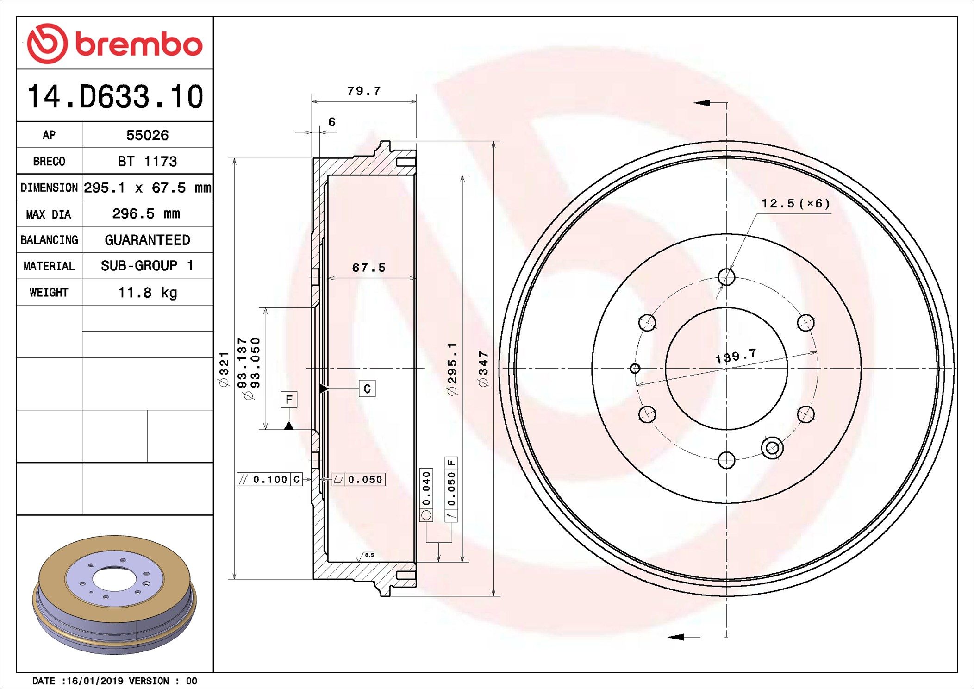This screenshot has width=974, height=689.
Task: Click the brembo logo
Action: pos(115,44)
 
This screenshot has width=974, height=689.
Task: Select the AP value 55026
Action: pos(147,135)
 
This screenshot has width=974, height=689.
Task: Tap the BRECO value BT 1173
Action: pos(147,161)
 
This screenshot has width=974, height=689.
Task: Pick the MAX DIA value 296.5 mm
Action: pos(146,214)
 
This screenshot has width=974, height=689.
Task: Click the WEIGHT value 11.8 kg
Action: pos(147,293)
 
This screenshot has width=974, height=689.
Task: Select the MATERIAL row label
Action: pos(49,266)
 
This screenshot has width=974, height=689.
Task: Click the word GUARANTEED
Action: pos(147,240)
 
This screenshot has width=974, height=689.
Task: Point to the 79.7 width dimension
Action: pos(364,91)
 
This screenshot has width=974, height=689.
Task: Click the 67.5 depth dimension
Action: pos(368,268)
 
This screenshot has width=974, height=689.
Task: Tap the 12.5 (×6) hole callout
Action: pos(795,204)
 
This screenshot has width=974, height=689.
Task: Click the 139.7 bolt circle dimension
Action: pos(736,356)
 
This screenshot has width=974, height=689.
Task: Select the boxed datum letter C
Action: pos(367,388)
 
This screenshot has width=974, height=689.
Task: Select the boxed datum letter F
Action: pos(289,399)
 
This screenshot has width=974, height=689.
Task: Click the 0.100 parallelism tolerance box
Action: pos(270,480)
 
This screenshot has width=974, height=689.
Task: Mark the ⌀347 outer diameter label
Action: pos(483,369)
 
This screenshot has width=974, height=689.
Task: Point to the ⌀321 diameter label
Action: pos(224,370)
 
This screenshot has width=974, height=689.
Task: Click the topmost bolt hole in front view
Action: pos(726,277)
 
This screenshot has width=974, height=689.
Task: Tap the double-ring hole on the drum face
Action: pos(772,448)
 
